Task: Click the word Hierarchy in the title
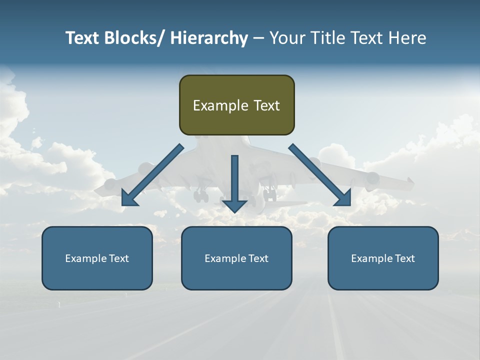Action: pyautogui.click(x=209, y=38)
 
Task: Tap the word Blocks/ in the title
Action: pyautogui.click(x=131, y=38)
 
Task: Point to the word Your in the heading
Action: pyautogui.click(x=287, y=38)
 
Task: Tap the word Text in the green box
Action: pyautogui.click(x=266, y=105)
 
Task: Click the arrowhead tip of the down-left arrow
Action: pyautogui.click(x=123, y=205)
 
